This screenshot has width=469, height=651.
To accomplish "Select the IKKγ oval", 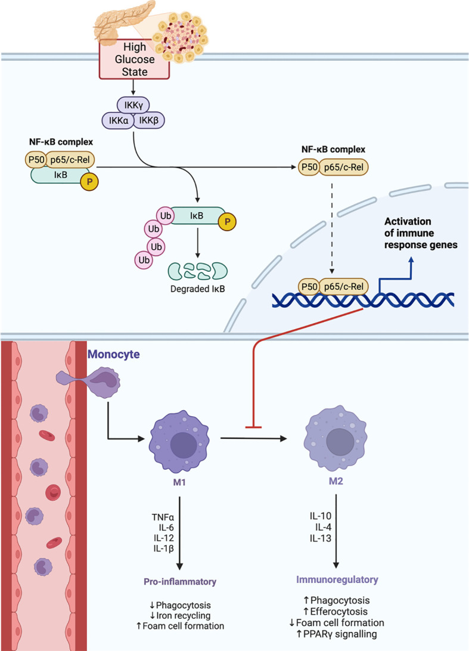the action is click(x=133, y=106).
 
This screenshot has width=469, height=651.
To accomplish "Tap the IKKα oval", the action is click(x=118, y=121).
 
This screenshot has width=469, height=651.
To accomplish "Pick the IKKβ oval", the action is click(x=149, y=121).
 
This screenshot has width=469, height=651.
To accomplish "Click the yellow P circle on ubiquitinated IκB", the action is click(x=227, y=222).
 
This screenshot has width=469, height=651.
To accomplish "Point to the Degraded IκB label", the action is click(x=198, y=289).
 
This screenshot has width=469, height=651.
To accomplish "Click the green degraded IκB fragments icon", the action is click(x=198, y=271).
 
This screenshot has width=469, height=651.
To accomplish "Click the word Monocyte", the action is click(x=113, y=355).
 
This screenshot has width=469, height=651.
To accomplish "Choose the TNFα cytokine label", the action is click(x=163, y=517).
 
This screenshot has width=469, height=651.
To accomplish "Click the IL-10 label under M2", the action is click(x=321, y=516).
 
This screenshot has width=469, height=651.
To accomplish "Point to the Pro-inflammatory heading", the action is click(x=180, y=582).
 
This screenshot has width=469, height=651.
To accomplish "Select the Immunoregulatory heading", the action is click(x=337, y=579).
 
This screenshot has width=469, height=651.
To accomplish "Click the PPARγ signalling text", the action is click(x=337, y=634).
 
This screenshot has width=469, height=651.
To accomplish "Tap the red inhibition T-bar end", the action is click(x=253, y=426).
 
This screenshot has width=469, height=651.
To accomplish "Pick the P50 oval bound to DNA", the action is click(x=309, y=287).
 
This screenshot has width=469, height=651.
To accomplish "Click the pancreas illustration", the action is click(x=125, y=21).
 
